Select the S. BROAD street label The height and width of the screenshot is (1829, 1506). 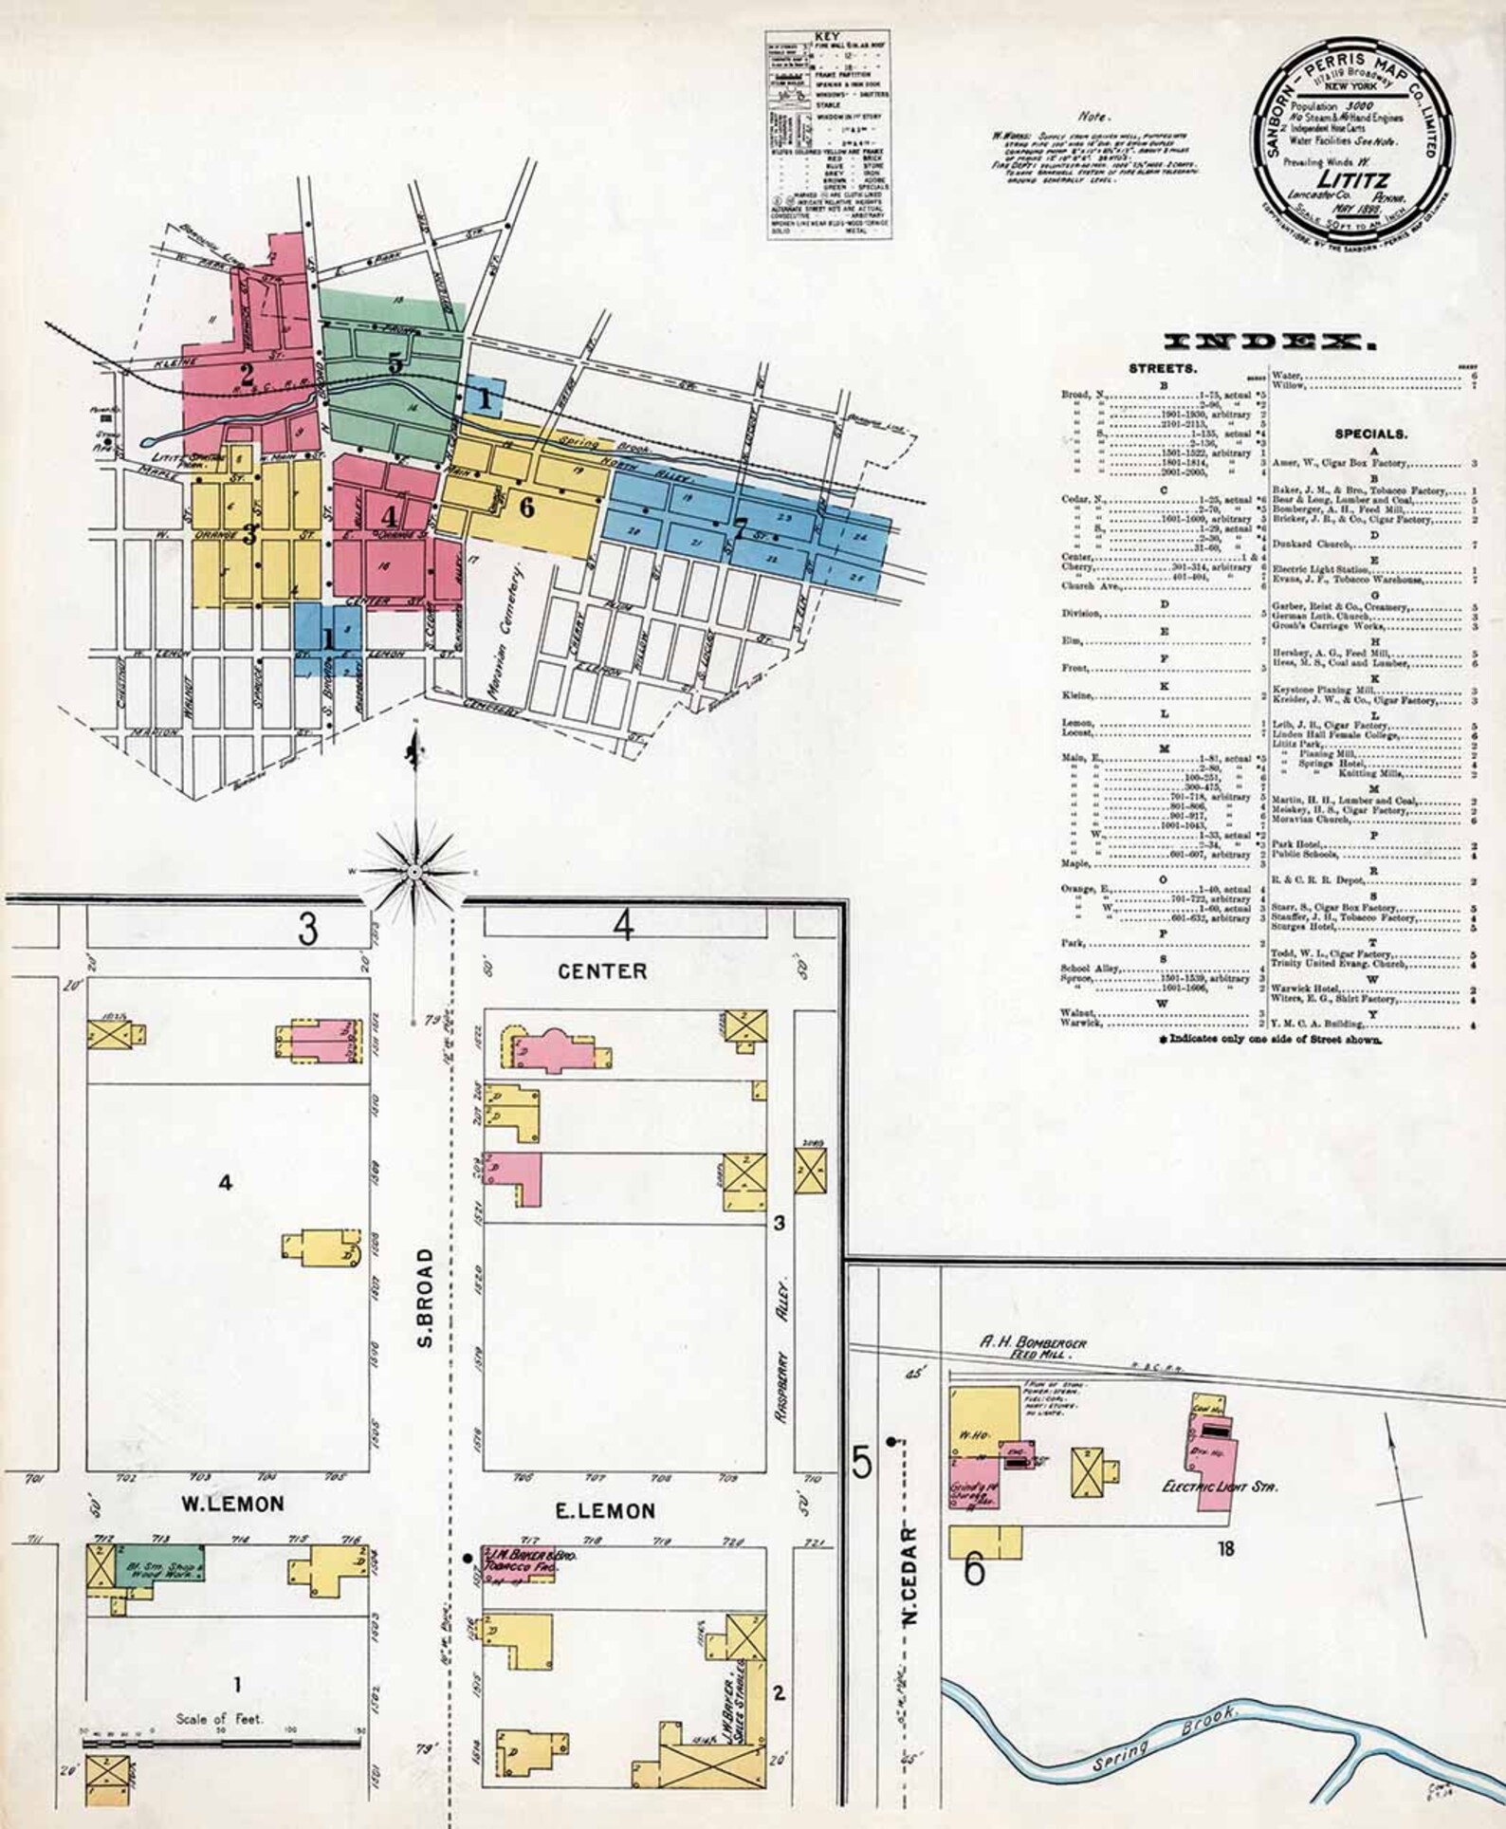point(426,1299)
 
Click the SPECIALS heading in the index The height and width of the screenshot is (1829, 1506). point(1369,434)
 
